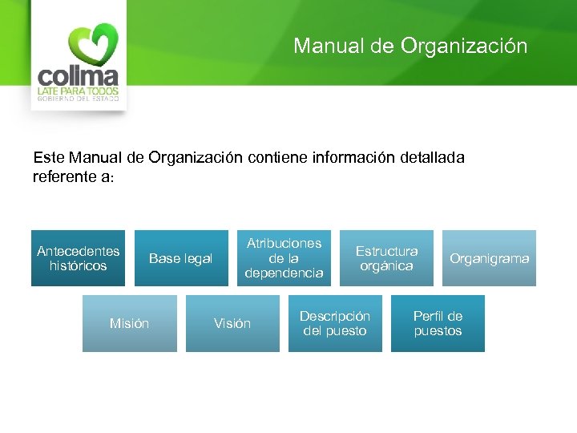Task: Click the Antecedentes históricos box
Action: [79, 258]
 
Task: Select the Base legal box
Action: [180, 258]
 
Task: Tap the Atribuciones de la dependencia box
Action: [284, 258]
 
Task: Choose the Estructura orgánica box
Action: [386, 258]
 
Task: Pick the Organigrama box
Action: [489, 258]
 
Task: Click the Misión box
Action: [129, 323]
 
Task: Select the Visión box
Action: [232, 323]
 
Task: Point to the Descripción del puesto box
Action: [335, 323]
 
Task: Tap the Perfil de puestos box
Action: [438, 323]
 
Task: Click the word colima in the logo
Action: [79, 77]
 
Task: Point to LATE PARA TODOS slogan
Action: [79, 92]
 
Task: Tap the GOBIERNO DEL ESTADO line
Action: [79, 100]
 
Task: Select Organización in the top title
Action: [464, 46]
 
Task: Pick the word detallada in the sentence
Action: [432, 158]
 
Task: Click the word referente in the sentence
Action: [62, 176]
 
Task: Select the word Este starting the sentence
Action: [49, 158]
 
